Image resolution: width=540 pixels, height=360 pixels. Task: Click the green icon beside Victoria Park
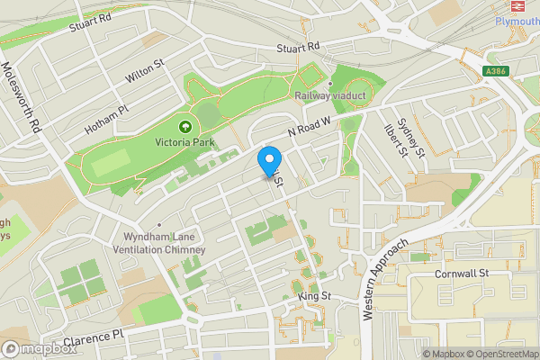(x=185, y=127)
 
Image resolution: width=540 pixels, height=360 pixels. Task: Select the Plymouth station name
(x=517, y=22)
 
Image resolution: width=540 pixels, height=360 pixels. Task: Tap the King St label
(x=315, y=295)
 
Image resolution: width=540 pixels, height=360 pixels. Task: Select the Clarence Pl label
(x=94, y=337)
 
